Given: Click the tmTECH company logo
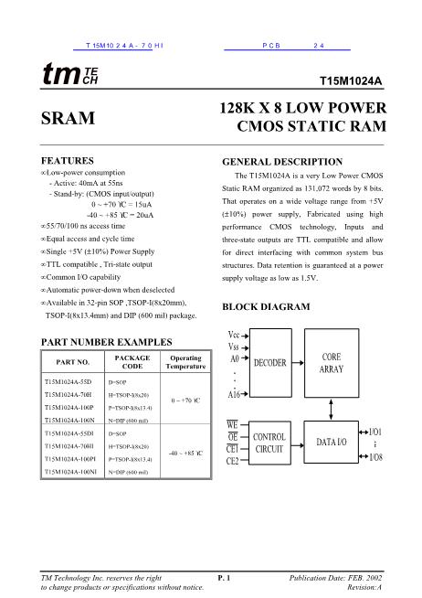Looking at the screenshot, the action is (69, 76).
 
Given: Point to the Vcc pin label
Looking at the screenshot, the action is (234, 335).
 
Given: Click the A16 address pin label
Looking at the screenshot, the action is (235, 394).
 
